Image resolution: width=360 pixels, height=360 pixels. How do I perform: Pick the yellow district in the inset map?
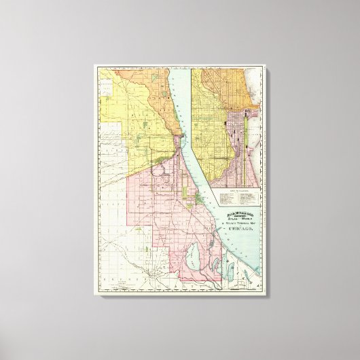[214, 136]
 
